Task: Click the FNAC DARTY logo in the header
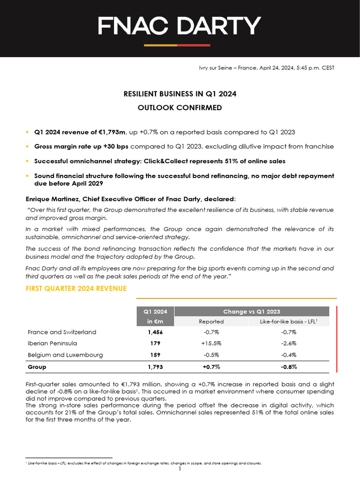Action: pyautogui.click(x=180, y=26)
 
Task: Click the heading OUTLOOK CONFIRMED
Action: pyautogui.click(x=180, y=108)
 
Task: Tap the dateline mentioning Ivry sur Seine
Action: pyautogui.click(x=267, y=68)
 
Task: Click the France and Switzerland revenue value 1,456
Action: pyautogui.click(x=155, y=332)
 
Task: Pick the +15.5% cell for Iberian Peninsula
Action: pyautogui.click(x=211, y=343)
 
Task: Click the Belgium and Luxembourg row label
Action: pyautogui.click(x=65, y=355)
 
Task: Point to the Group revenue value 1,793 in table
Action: pyautogui.click(x=155, y=367)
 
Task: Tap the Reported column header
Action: pyautogui.click(x=211, y=322)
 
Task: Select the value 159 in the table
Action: pyautogui.click(x=155, y=355)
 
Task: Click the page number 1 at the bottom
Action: pyautogui.click(x=180, y=469)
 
